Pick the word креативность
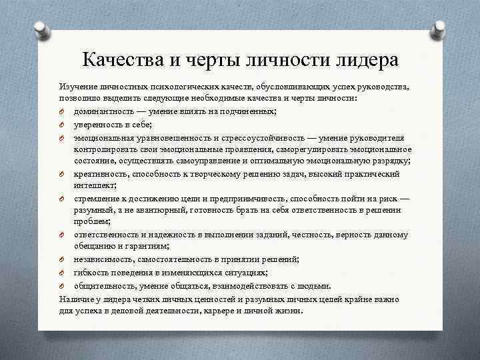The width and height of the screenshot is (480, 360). pos(101,174)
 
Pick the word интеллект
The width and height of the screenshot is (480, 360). pos(94,185)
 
